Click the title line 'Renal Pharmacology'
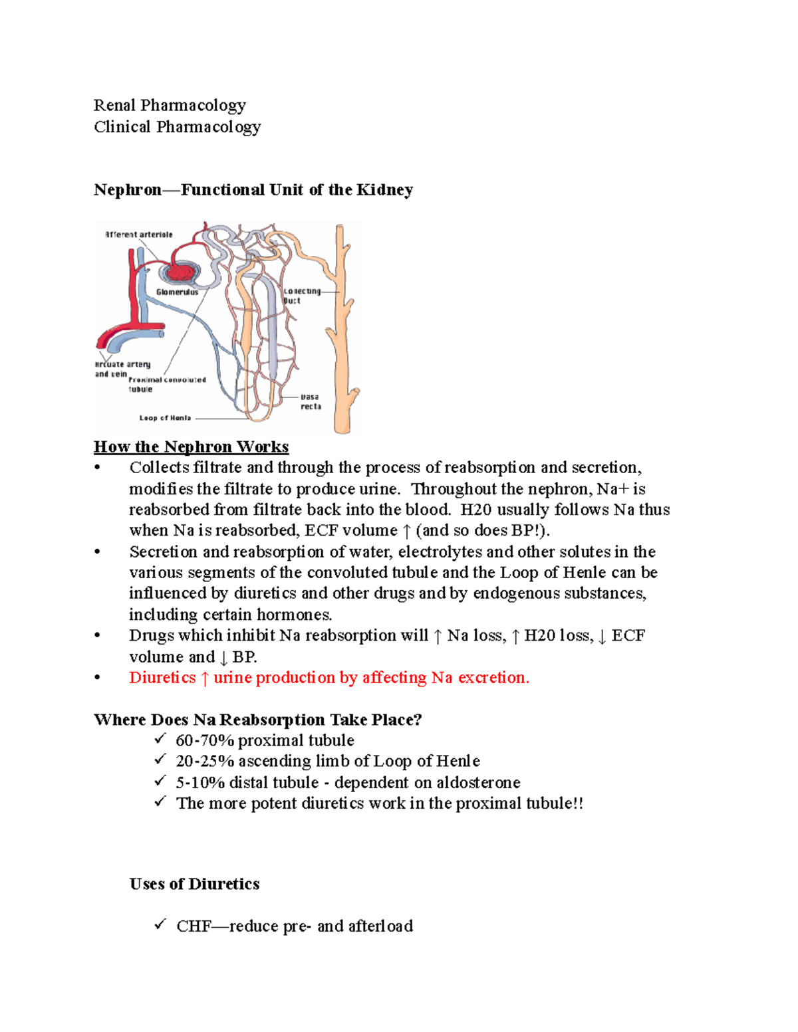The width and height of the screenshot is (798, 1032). point(170,106)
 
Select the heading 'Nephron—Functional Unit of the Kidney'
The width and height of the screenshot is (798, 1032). point(253,190)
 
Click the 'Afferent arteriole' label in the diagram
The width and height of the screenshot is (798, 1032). point(139,235)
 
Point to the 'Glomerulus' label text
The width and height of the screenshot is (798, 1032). point(177,292)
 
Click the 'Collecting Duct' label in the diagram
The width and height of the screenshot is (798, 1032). point(301,296)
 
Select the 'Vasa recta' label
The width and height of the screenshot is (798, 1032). point(311,401)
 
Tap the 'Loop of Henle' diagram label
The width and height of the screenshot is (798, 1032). point(165,418)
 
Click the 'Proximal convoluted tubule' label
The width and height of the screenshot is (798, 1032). point(166,384)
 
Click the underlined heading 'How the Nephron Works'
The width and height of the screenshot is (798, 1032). point(191,447)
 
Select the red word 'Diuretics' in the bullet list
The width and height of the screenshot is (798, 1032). point(162,678)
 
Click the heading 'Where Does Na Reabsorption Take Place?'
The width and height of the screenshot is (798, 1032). point(257,720)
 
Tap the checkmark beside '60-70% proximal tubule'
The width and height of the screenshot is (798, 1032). point(160,739)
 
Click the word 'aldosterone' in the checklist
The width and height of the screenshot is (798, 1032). point(478,783)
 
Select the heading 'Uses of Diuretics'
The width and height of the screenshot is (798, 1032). point(194,884)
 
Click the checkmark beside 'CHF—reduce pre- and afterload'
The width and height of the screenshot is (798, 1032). point(160,924)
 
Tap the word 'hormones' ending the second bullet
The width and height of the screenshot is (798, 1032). point(293,615)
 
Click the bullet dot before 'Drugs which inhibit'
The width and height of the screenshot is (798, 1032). point(98,636)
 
